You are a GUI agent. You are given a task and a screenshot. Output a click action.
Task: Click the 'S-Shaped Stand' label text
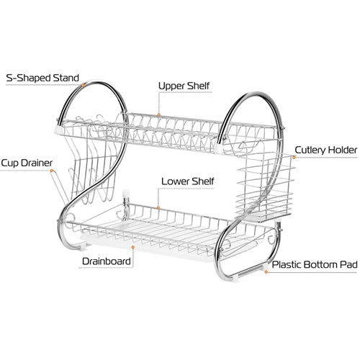42,78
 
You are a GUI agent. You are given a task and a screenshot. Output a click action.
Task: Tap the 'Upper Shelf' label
184,86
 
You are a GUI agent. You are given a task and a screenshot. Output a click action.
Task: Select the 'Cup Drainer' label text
27,163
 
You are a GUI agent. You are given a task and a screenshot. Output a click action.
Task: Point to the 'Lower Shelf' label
187,181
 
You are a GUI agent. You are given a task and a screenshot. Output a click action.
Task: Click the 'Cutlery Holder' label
325,150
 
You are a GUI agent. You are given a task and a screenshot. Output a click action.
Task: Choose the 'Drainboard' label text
107,261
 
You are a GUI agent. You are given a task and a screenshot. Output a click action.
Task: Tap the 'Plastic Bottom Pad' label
315,265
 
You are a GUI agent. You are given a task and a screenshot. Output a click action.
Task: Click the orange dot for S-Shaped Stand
83,85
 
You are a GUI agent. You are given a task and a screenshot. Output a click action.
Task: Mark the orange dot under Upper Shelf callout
158,115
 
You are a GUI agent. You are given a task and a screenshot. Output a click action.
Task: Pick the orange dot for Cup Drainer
51,171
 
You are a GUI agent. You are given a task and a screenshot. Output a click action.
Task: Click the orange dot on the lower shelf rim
158,208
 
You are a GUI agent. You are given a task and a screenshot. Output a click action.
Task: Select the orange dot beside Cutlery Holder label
294,158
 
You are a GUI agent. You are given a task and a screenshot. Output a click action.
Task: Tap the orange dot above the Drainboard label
133,247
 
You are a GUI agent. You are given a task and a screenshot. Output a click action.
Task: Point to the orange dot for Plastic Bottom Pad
266,272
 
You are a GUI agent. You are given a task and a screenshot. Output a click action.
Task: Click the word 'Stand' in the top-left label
66,78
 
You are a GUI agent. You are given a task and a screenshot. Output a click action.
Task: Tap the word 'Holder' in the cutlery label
343,150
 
